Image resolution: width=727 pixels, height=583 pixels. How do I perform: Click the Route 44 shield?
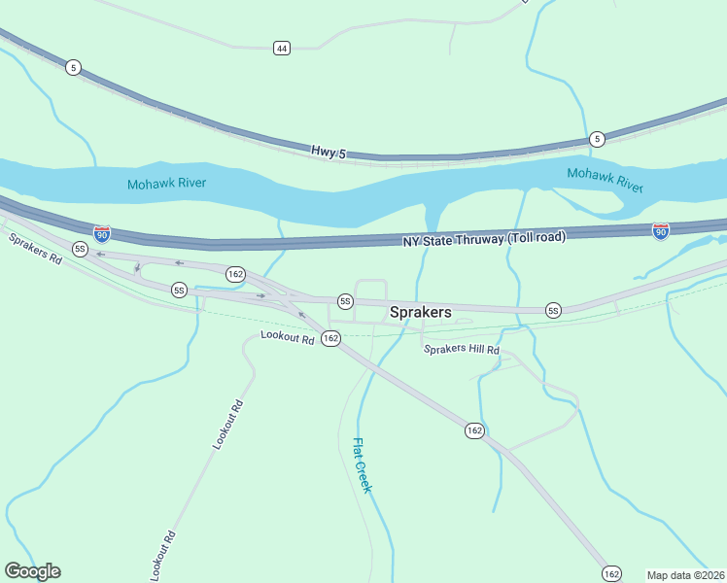(x=281, y=48)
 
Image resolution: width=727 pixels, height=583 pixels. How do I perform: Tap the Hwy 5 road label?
(x=329, y=152)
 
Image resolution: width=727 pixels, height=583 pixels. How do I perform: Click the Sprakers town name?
(x=420, y=312)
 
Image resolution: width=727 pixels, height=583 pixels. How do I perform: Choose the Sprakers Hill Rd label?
(x=461, y=350)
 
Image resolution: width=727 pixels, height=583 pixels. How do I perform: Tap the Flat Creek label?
(x=362, y=465)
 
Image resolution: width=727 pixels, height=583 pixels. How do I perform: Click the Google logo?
(x=32, y=571)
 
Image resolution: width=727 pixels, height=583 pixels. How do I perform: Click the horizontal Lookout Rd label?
(x=288, y=337)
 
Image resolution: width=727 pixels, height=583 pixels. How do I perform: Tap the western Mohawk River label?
(x=166, y=183)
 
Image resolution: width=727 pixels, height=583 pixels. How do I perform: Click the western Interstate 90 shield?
(x=102, y=233)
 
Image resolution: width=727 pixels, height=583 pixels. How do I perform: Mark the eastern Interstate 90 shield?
(x=661, y=230)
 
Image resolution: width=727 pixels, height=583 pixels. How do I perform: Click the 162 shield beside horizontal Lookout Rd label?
(x=330, y=338)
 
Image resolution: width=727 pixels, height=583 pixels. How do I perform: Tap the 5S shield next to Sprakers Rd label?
(x=80, y=249)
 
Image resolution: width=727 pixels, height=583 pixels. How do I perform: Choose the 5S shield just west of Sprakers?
(x=344, y=301)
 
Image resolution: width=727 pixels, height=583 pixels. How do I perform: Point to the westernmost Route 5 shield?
(x=74, y=67)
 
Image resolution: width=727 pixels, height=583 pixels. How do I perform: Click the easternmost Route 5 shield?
(x=598, y=138)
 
